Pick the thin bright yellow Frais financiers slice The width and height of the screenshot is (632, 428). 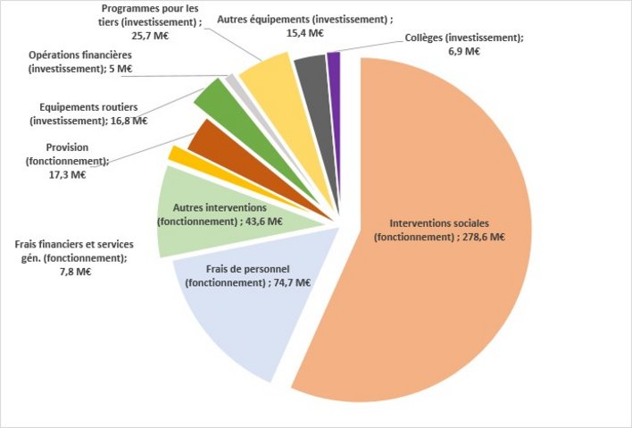[x=178, y=155]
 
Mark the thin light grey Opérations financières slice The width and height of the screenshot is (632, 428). [x=233, y=82]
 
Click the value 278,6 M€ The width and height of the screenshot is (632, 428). [x=481, y=237]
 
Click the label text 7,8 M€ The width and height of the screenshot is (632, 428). [x=72, y=272]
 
